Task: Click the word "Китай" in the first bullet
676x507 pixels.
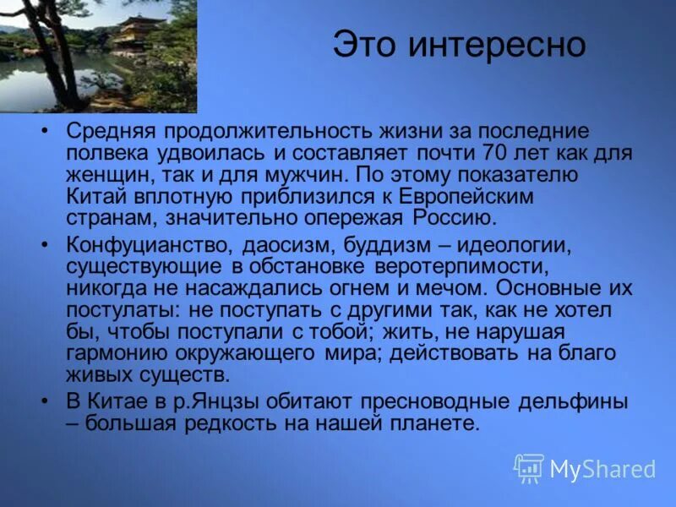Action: click(x=95, y=196)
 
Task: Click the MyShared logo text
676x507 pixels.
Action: click(x=602, y=469)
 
